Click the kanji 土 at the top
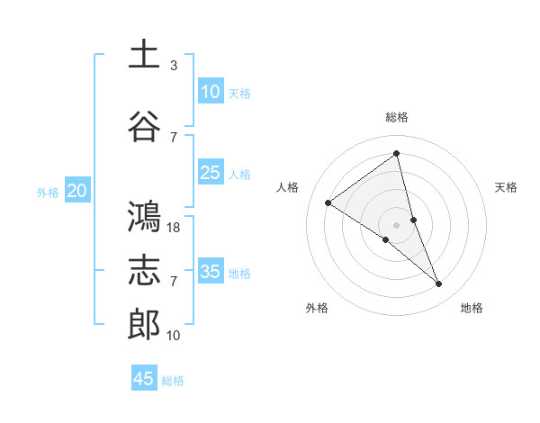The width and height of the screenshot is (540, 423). (144, 55)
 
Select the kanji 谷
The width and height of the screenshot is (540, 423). (144, 127)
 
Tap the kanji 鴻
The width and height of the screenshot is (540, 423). (144, 217)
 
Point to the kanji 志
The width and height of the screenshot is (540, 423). (144, 271)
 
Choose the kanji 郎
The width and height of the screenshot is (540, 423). (144, 325)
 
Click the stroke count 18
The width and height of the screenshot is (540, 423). (175, 228)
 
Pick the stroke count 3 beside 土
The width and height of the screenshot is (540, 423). (174, 66)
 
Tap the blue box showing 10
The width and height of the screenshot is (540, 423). (210, 92)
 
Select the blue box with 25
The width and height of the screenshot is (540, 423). (210, 173)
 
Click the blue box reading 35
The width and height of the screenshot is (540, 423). (210, 272)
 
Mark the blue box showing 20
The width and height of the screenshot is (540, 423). (77, 191)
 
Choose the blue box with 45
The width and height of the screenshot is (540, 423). (144, 379)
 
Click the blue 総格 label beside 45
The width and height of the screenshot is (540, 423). (174, 381)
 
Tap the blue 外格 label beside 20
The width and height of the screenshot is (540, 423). (48, 192)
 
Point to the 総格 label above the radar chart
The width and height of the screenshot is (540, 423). (397, 117)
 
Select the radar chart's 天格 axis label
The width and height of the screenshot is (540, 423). (507, 187)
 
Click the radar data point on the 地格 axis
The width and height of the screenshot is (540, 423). (439, 284)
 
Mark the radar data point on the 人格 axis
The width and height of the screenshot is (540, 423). (328, 202)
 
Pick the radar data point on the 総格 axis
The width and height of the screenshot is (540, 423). (397, 153)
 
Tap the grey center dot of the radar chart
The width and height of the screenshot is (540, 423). (397, 224)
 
